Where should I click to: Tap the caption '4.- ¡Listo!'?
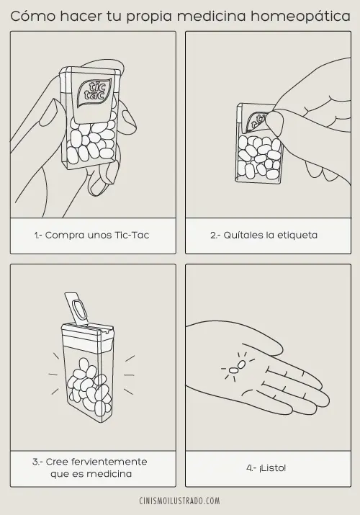point(266,467)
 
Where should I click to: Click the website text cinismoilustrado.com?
point(180,501)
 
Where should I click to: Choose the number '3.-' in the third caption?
point(37,461)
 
